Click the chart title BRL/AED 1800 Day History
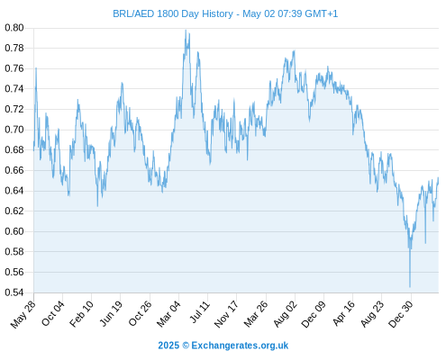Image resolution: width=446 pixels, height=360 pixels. [173, 13]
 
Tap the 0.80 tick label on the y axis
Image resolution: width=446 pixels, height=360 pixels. [14, 28]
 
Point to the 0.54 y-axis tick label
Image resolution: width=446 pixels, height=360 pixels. [14, 292]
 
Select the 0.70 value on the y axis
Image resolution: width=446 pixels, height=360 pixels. [14, 130]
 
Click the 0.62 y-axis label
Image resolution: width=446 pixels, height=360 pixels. [14, 211]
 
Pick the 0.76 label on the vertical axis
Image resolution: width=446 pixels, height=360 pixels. [14, 68]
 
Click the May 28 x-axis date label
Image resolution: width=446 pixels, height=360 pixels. [23, 314]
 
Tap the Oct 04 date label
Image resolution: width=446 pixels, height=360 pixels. [53, 313]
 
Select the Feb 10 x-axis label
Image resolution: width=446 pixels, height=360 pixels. [81, 314]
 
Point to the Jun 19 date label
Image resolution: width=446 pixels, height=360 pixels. [111, 313]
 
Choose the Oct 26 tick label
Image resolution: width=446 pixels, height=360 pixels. [140, 313]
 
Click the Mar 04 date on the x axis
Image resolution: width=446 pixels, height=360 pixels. [168, 314]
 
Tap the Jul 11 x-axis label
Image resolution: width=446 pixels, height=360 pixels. [200, 312]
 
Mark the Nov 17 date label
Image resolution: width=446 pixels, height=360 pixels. [226, 314]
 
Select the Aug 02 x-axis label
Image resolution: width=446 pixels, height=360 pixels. [286, 314]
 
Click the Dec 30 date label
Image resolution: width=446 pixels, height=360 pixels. [400, 314]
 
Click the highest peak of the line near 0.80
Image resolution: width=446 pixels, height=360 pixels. [186, 30]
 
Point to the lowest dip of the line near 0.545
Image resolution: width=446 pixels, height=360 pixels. [410, 287]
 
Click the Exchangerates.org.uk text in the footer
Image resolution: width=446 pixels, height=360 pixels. [240, 346]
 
